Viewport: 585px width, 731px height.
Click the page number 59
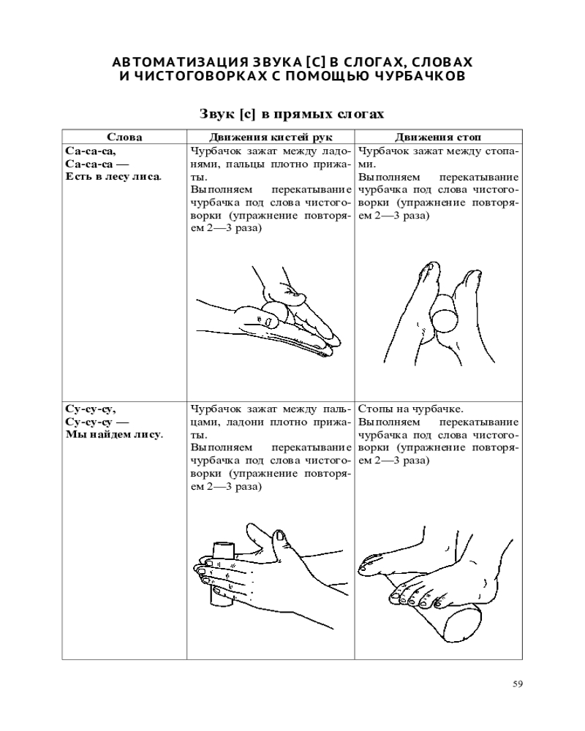[x=517, y=684]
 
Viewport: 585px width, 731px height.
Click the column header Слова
[x=124, y=137]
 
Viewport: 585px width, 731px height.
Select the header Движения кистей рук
[x=271, y=137]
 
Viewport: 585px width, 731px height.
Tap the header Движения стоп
[x=438, y=137]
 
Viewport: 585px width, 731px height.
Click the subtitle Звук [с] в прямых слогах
[x=292, y=114]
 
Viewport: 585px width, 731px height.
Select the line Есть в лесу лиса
[x=113, y=177]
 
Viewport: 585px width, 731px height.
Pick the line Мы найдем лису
[x=114, y=435]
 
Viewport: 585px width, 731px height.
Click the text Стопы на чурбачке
[x=410, y=409]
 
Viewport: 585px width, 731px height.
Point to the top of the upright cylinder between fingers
[x=222, y=545]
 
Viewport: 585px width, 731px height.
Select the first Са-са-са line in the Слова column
[x=91, y=151]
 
